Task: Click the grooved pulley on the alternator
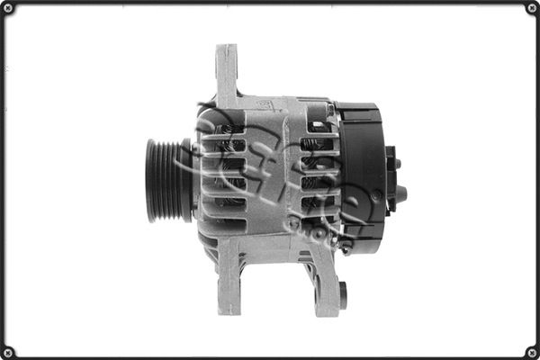click(x=166, y=179)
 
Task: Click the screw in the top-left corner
click(x=8, y=8)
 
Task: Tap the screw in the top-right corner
click(x=531, y=8)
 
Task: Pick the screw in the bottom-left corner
click(x=8, y=351)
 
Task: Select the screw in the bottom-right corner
click(x=531, y=351)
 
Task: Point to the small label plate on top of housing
click(x=270, y=105)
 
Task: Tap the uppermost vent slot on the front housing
click(x=225, y=130)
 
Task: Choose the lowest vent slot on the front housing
click(x=225, y=216)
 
